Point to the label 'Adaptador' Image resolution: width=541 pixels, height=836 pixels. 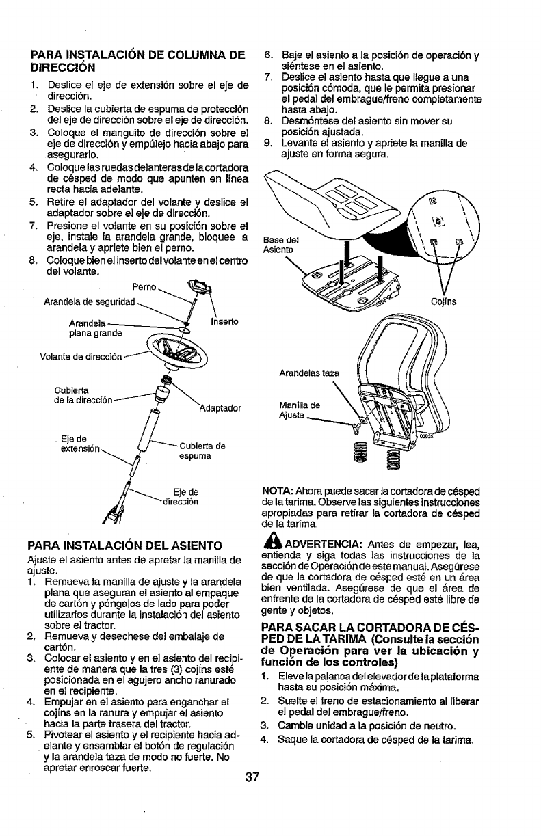219,408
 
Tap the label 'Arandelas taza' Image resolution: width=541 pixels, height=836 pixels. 309,374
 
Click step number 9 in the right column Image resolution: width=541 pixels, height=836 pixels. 268,143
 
